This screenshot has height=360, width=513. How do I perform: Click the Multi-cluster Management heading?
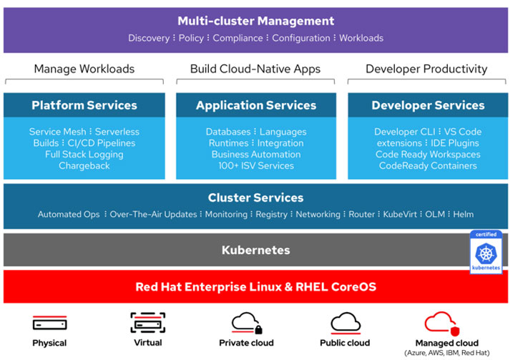(x=255, y=21)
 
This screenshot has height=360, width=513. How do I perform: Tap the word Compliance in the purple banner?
(x=238, y=38)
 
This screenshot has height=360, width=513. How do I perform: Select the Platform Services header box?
(x=84, y=106)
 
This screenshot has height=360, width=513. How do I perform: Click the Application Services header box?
(x=255, y=106)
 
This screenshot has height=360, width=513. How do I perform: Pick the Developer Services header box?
(x=428, y=106)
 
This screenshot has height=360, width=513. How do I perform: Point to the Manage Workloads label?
(x=84, y=69)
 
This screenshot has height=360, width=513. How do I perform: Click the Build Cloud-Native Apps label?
(x=255, y=69)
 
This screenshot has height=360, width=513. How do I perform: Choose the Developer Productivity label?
(x=426, y=69)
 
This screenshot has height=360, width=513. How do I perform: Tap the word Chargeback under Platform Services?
(x=84, y=166)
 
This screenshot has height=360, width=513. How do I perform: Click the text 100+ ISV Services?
(x=255, y=166)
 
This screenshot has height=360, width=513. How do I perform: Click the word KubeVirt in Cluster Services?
(x=399, y=215)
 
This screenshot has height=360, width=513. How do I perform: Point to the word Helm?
(x=464, y=215)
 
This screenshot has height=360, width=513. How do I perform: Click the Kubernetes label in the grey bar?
(x=255, y=250)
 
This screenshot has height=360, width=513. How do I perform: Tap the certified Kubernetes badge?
(x=486, y=251)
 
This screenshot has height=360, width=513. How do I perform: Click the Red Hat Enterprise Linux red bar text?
(x=255, y=287)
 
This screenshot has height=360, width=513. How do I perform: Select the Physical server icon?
(x=49, y=323)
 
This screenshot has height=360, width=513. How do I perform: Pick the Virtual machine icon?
(x=148, y=323)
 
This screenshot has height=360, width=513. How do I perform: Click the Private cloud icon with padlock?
(x=247, y=323)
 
